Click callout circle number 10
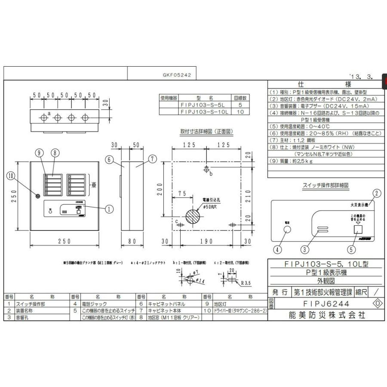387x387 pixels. (x=10, y=175)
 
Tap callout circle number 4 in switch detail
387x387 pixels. (x=279, y=248)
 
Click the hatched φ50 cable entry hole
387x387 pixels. (x=192, y=216)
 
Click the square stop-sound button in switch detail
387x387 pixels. (x=356, y=229)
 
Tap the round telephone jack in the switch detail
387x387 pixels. (x=286, y=229)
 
